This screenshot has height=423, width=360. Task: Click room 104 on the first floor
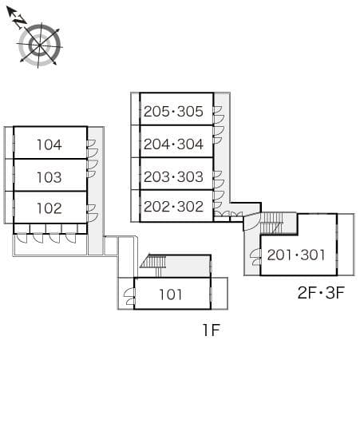tap(50, 143)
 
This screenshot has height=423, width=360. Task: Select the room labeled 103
tap(50, 175)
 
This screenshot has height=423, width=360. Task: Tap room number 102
tap(50, 208)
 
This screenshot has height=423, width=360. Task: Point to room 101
tap(172, 293)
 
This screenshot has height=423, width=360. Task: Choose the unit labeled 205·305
tap(176, 109)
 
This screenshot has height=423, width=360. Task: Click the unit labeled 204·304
tap(176, 141)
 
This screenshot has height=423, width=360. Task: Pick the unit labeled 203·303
tap(176, 174)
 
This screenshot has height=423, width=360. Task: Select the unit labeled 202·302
tap(176, 206)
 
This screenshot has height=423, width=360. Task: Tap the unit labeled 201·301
tap(299, 255)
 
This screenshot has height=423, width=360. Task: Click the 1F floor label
tap(212, 330)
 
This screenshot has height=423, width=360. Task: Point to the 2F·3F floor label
tap(321, 292)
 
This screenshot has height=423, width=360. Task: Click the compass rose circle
tap(40, 45)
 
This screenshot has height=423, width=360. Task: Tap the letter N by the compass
tap(19, 21)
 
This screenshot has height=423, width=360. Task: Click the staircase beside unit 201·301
tap(271, 223)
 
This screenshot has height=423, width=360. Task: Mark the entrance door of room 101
tap(129, 297)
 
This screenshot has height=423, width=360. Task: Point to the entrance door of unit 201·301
tap(255, 257)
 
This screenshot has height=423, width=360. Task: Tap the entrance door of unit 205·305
tap(219, 115)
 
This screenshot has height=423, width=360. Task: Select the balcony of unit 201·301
tap(346, 244)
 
